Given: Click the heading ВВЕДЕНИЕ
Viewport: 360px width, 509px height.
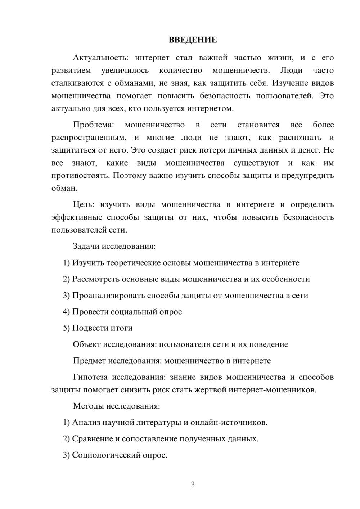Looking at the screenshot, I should (x=193, y=40).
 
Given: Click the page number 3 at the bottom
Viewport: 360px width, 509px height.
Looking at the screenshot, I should (x=193, y=485).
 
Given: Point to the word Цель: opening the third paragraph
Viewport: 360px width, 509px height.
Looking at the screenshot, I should (x=84, y=204).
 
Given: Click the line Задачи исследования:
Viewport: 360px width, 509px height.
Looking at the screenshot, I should (x=114, y=246).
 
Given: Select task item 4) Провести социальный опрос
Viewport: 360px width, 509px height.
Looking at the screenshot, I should (x=122, y=312).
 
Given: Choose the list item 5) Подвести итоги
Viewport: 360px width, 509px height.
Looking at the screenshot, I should (x=98, y=328).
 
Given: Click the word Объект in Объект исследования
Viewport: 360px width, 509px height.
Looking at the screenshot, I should (x=87, y=344).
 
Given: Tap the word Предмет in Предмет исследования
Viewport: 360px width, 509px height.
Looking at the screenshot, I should (x=89, y=361).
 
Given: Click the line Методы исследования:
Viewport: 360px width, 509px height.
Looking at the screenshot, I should (x=116, y=406).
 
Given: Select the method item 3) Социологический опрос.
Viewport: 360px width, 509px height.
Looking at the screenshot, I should (x=115, y=455).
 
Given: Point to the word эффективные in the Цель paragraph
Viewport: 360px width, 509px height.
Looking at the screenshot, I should (x=76, y=217).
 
